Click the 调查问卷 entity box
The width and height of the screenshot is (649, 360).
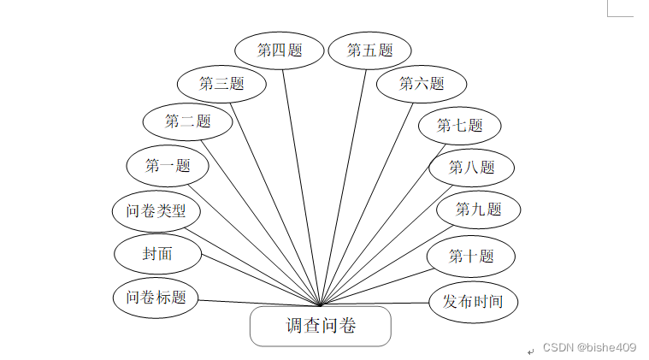click(320, 326)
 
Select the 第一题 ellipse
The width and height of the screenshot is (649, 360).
click(168, 166)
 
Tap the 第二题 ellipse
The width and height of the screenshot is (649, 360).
click(187, 121)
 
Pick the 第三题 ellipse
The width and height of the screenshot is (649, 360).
click(221, 83)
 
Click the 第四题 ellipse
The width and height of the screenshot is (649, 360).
click(280, 50)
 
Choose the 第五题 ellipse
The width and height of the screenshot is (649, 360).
click(369, 50)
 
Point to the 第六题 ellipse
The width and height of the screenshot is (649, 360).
click(422, 84)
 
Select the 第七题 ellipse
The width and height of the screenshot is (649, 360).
click(459, 126)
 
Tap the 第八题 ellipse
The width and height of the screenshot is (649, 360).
click(471, 168)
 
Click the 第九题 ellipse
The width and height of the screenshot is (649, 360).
click(478, 209)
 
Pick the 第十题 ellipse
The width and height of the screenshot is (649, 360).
click(471, 256)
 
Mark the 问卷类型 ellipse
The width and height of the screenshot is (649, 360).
click(156, 210)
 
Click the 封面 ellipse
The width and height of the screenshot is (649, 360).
click(157, 254)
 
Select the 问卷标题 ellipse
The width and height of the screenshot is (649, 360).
click(156, 298)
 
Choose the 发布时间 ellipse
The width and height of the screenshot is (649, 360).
click(472, 301)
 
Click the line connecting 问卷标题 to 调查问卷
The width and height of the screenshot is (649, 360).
click(257, 302)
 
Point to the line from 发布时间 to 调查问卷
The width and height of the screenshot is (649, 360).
click(376, 304)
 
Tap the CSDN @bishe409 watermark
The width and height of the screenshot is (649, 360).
click(589, 347)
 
